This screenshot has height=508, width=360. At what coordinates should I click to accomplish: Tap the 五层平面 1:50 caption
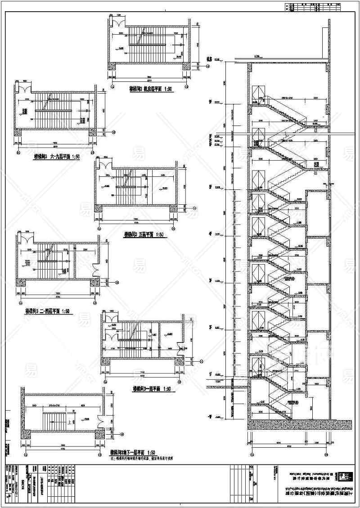143,234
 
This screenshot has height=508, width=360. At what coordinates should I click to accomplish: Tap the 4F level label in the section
210,233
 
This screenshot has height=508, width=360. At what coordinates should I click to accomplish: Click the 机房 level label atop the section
209,59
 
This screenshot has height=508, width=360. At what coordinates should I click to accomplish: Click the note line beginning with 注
142,457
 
